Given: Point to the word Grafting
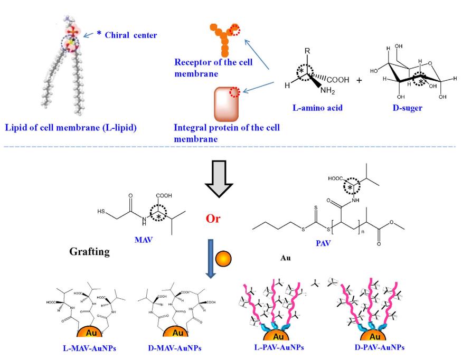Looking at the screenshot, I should click(90, 252).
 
